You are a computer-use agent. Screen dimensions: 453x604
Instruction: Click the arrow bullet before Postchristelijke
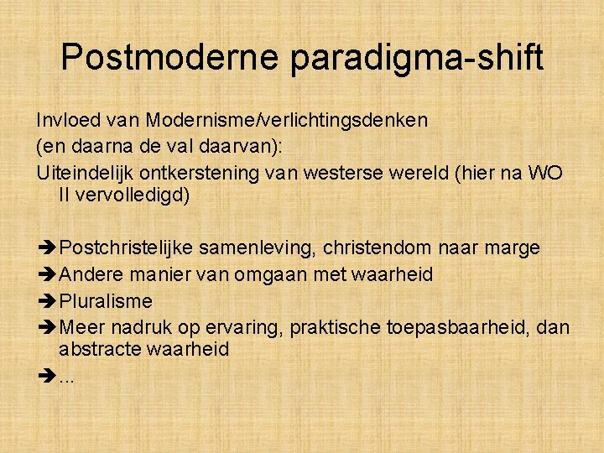[x=47, y=248]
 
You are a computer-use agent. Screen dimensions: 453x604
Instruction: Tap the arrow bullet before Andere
[x=47, y=274]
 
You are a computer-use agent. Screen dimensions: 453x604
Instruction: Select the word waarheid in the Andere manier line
[x=393, y=274]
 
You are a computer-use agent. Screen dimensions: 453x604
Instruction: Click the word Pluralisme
[x=106, y=300]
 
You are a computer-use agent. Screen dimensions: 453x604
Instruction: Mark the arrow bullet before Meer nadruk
[x=47, y=326]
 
